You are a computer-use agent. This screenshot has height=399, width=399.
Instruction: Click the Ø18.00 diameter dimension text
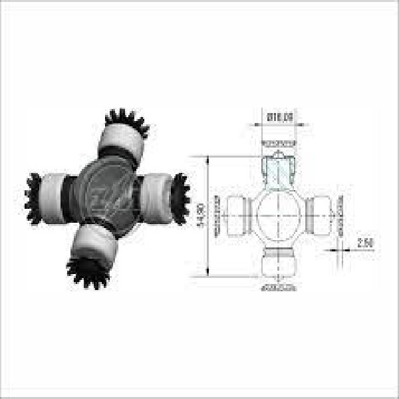coord(279,117)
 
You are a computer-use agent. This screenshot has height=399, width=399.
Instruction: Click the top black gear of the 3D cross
coord(127,122)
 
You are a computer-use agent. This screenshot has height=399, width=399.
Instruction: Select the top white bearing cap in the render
coord(122,142)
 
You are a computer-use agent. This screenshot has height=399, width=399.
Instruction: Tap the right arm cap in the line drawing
coord(322,215)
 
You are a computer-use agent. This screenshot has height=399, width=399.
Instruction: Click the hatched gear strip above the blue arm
coord(279,142)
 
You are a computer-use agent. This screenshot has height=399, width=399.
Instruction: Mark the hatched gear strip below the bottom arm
coord(279,288)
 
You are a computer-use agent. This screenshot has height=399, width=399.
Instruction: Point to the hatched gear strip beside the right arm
coord(340,215)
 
